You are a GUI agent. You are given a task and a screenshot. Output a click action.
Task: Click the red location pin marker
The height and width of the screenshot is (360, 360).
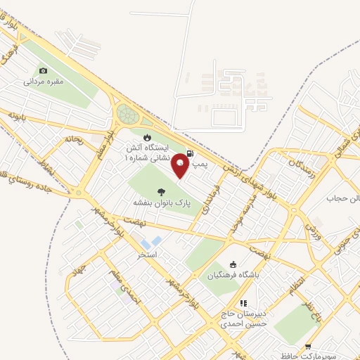pos(181,165)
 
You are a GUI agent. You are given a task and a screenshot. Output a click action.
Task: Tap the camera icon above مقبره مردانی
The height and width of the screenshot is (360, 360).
pos(44,70)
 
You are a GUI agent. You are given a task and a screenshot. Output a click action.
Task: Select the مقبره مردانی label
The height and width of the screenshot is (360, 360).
pos(44,82)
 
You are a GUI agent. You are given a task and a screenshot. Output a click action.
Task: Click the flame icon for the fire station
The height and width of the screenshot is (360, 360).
pos(147,137)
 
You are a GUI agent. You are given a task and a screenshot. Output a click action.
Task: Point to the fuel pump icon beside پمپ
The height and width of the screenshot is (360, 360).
pos(191,153)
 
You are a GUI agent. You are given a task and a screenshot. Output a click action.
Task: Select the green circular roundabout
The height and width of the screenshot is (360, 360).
pos(128,113)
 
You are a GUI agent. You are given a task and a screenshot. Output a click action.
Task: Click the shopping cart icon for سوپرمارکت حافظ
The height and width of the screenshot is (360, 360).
pos(309,347)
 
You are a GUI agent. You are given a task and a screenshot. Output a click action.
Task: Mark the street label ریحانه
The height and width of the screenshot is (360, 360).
pos(74,139)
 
